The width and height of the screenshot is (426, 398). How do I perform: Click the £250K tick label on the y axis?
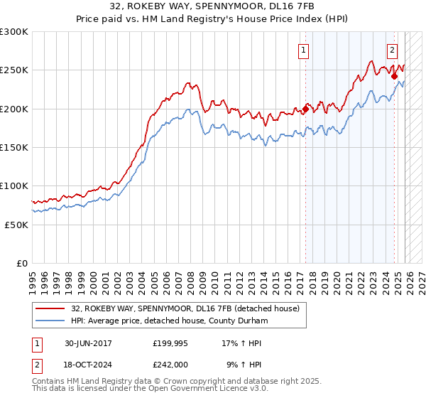[x=14, y=70]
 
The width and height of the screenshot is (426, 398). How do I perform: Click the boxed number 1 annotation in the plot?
[x=304, y=50]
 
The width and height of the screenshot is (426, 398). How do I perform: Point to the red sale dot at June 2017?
[x=306, y=109]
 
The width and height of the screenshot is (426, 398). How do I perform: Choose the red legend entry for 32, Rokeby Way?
[x=185, y=308]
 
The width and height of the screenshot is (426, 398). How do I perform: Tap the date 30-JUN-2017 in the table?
[x=88, y=343]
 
